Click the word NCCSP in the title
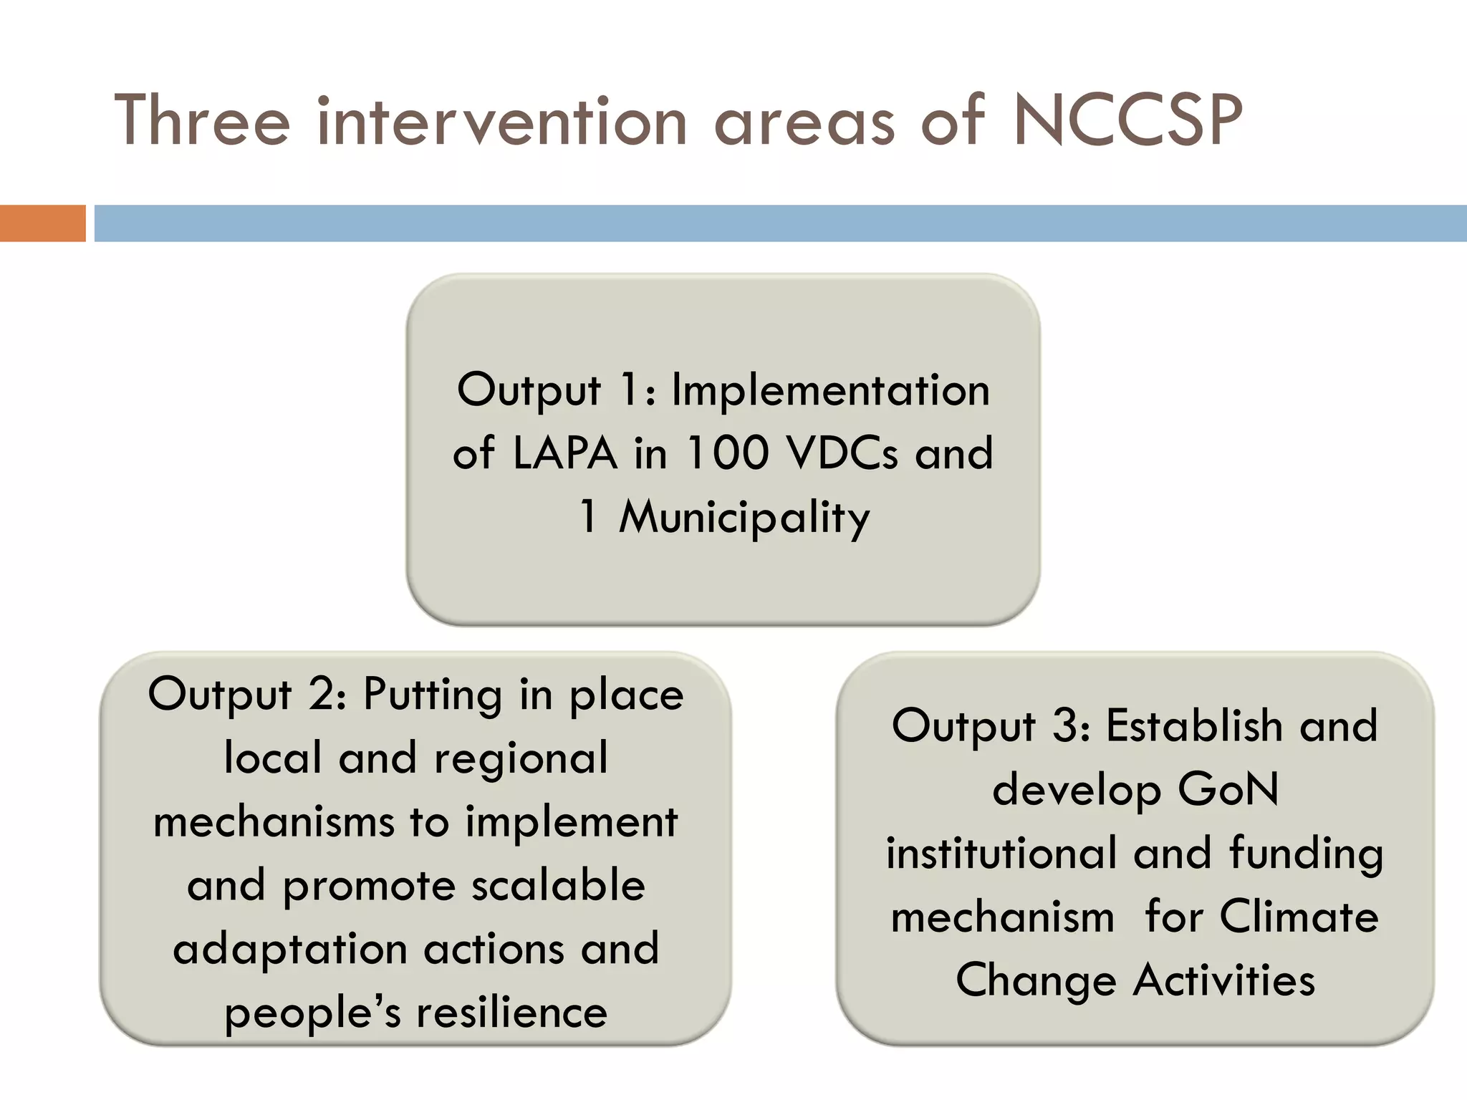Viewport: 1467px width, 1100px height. pyautogui.click(x=1127, y=122)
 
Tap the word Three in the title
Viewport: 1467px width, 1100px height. pyautogui.click(x=202, y=122)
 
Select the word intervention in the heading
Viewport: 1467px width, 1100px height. pyautogui.click(x=502, y=122)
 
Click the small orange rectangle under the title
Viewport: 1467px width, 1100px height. pyautogui.click(x=42, y=223)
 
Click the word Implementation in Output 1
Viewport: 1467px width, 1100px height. pyautogui.click(x=830, y=391)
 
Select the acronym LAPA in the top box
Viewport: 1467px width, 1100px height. pyautogui.click(x=565, y=454)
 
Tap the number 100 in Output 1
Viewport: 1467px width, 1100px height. pyautogui.click(x=727, y=454)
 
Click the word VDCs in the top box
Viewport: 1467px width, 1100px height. pyautogui.click(x=842, y=454)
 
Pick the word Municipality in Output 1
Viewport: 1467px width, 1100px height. pyautogui.click(x=744, y=518)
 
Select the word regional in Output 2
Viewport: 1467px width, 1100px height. pyautogui.click(x=521, y=758)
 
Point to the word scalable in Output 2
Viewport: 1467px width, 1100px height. pyautogui.click(x=558, y=886)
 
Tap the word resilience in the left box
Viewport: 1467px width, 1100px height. pyautogui.click(x=512, y=1013)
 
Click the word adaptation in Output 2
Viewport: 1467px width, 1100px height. pyautogui.click(x=289, y=950)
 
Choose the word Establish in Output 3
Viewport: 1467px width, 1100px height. pyautogui.click(x=1194, y=726)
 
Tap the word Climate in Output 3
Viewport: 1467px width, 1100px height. pyautogui.click(x=1299, y=917)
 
